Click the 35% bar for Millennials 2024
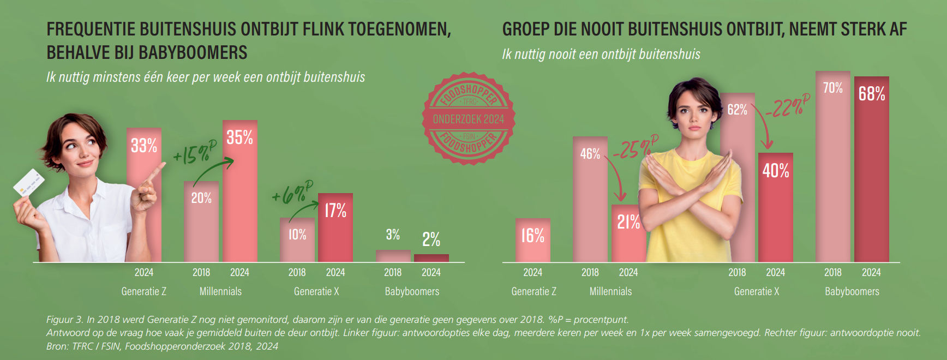[x=240, y=191]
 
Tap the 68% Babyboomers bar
[x=871, y=169]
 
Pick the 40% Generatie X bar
[x=775, y=207]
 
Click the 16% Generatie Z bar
[x=533, y=240]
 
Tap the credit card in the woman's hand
[x=28, y=183]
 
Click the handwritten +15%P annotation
[x=194, y=153]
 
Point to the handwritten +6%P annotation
[x=292, y=193]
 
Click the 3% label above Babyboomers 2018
[x=393, y=235]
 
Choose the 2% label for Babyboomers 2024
[x=431, y=239]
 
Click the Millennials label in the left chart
[x=220, y=291]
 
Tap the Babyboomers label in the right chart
[x=852, y=291]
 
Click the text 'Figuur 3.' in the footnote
[x=64, y=320]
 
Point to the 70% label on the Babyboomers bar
[x=832, y=88]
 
